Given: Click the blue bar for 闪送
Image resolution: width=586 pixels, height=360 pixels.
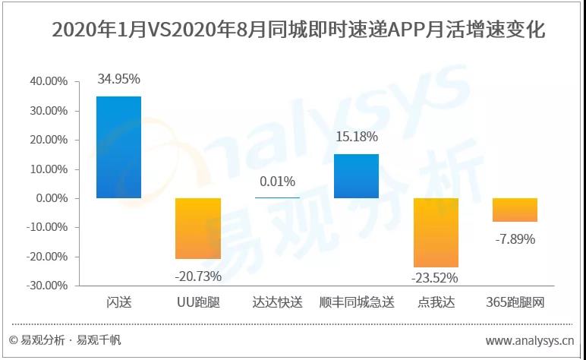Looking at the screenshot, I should point(118,147).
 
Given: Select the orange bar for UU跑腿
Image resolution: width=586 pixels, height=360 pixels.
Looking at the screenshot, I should point(198,229).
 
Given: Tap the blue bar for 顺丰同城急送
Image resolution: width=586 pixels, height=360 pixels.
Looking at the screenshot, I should point(356,176).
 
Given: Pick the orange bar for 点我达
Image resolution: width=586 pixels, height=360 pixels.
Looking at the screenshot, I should point(436,232).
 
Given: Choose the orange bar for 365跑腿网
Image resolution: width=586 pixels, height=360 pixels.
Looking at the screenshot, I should point(515,210).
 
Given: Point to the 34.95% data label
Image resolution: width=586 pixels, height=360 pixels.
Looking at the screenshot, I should point(118,78).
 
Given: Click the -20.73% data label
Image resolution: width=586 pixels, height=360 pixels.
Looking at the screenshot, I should point(198,274).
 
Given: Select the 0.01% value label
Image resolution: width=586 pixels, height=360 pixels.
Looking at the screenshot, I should point(277,182).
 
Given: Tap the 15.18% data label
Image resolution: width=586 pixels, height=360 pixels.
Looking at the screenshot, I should point(356,137).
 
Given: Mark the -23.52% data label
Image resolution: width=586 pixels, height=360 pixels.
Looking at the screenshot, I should point(435,278).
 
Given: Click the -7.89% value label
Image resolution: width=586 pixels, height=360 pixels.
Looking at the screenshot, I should point(515,239).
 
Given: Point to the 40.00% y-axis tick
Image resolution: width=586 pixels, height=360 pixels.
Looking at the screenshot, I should point(47,81).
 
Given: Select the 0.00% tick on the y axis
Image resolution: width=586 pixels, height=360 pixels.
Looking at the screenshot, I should point(50,198).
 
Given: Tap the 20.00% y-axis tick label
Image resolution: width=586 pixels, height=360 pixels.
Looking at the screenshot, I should point(47,140).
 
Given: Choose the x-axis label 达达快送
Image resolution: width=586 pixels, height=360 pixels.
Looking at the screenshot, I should point(277,303).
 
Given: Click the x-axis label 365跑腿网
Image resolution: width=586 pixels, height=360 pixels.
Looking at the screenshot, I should point(515,303).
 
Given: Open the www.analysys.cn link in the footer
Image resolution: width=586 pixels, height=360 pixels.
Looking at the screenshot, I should point(530,340).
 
